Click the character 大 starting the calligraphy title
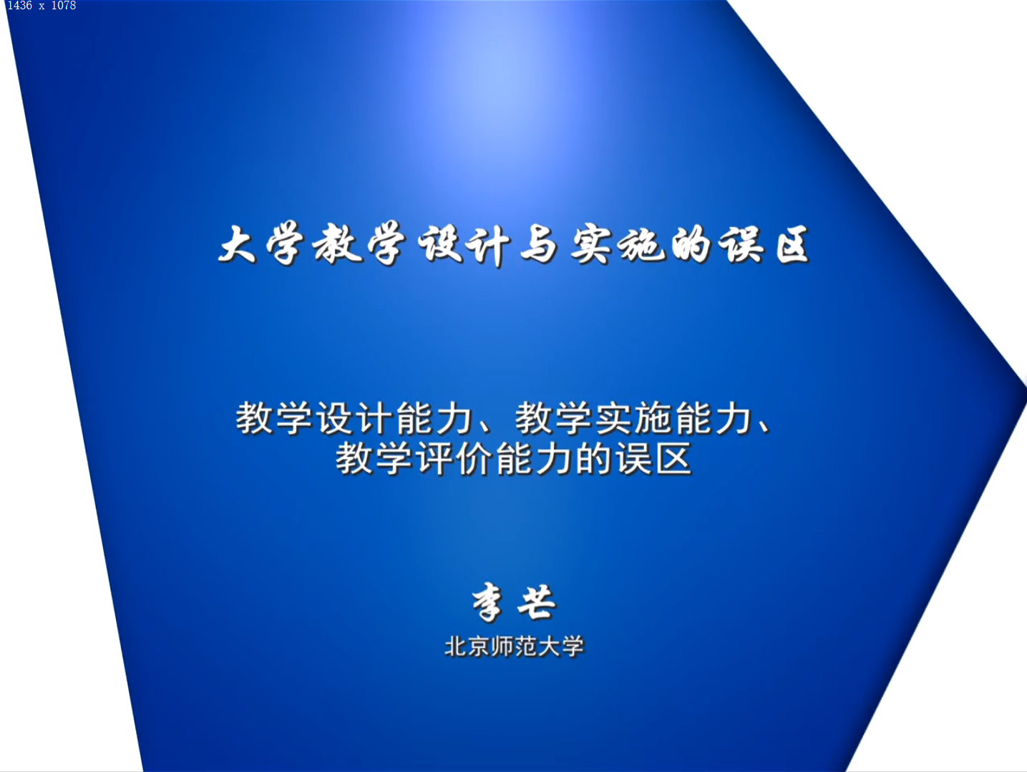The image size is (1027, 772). tap(238, 244)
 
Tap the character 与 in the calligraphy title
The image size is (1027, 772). tap(539, 244)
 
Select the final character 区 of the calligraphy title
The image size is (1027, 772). tap(792, 244)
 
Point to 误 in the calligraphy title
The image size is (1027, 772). tap(741, 244)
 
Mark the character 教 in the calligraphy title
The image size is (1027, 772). tap(337, 243)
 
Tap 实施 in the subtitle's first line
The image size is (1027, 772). tap(633, 418)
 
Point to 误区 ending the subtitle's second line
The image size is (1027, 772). tap(653, 459)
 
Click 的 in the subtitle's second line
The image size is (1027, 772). tap(593, 459)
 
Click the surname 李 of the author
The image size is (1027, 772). tap(488, 602)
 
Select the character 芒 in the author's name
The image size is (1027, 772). tap(537, 602)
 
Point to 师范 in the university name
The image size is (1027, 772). tap(514, 647)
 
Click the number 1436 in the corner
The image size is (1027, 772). tap(19, 6)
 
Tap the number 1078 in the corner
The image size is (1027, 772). tap(63, 6)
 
